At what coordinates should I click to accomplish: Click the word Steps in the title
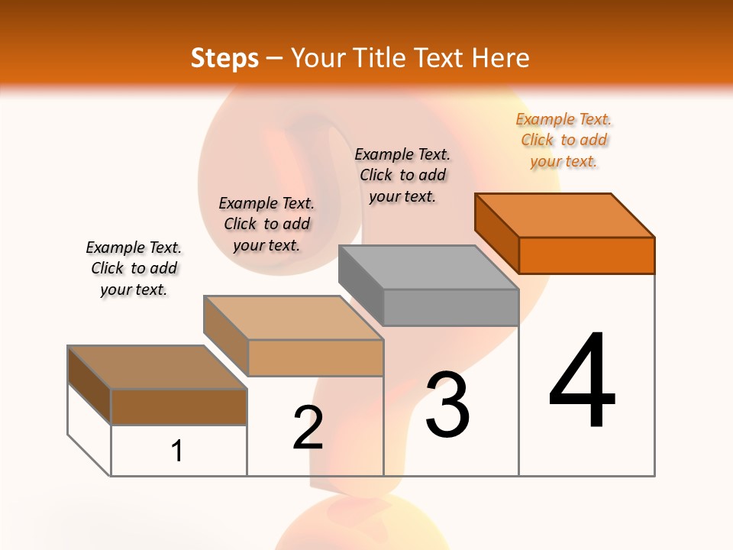point(224,58)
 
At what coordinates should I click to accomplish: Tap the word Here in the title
point(500,58)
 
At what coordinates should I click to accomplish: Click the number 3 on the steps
point(447,404)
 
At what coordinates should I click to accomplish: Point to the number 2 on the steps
point(308,427)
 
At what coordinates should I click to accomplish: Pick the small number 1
point(177,451)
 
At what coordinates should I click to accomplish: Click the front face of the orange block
point(586,255)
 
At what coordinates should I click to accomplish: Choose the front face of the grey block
point(450,307)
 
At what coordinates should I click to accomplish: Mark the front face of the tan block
point(315,357)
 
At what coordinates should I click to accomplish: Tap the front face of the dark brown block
point(179,406)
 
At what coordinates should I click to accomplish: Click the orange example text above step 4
point(564,140)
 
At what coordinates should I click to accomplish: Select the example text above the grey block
point(402,175)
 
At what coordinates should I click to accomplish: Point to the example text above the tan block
point(266,224)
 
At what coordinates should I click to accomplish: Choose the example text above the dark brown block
point(134,268)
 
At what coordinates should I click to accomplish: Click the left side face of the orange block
point(497,233)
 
